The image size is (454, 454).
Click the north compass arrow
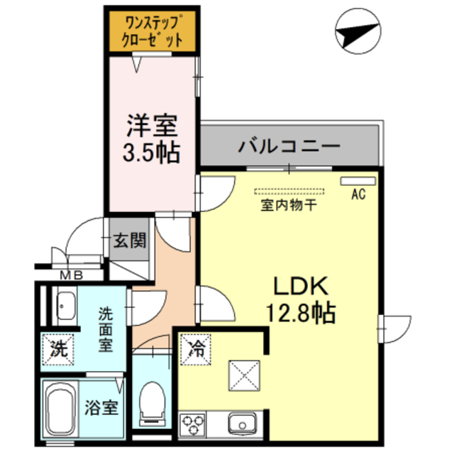[355, 33]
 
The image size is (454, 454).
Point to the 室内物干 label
[288, 206]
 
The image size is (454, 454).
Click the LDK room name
[301, 287]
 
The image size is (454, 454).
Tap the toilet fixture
[151, 402]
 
